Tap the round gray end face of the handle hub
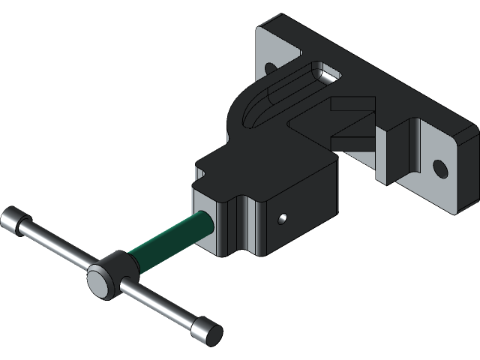98,283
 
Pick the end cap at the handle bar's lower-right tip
207,330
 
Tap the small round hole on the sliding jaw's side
282,218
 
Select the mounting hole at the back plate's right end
441,168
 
